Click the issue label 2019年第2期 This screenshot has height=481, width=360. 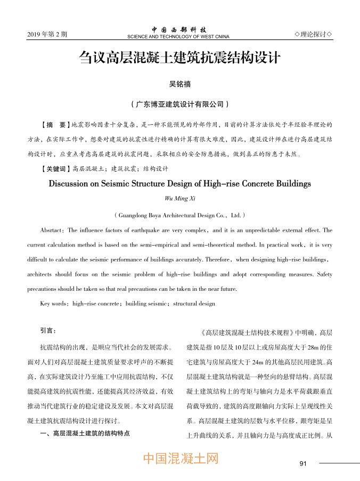pos(47,35)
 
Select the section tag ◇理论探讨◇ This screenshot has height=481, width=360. pos(314,35)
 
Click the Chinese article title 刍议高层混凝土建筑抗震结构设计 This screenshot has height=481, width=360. pos(179,58)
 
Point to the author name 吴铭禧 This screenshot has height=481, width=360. pos(179,84)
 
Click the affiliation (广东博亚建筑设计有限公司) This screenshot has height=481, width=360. pos(180,104)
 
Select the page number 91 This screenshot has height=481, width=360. pos(304,463)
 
